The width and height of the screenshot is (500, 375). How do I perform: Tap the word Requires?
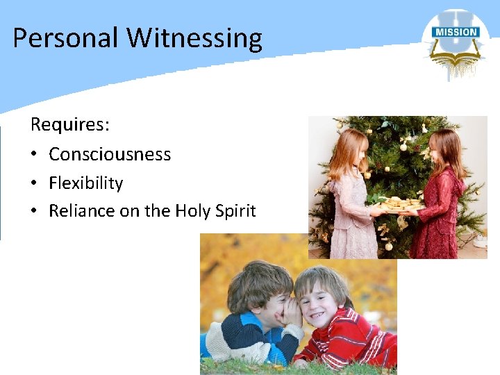pos(70,125)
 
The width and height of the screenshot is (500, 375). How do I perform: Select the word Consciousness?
pos(110,154)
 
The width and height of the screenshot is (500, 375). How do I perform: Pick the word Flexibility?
pos(85,183)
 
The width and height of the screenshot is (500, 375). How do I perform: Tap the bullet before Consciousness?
pos(35,155)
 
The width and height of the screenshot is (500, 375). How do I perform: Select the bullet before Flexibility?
pos(35,184)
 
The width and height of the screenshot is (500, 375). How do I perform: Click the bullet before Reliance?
pos(35,212)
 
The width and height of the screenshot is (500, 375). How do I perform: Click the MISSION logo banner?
pos(455,32)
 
